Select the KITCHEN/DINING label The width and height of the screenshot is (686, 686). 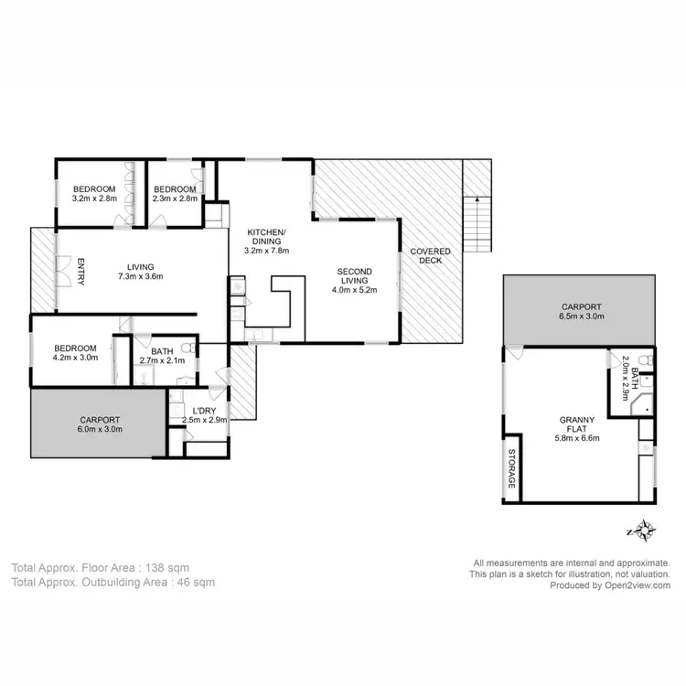tap(267, 235)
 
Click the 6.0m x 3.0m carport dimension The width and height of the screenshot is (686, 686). tap(100, 429)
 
